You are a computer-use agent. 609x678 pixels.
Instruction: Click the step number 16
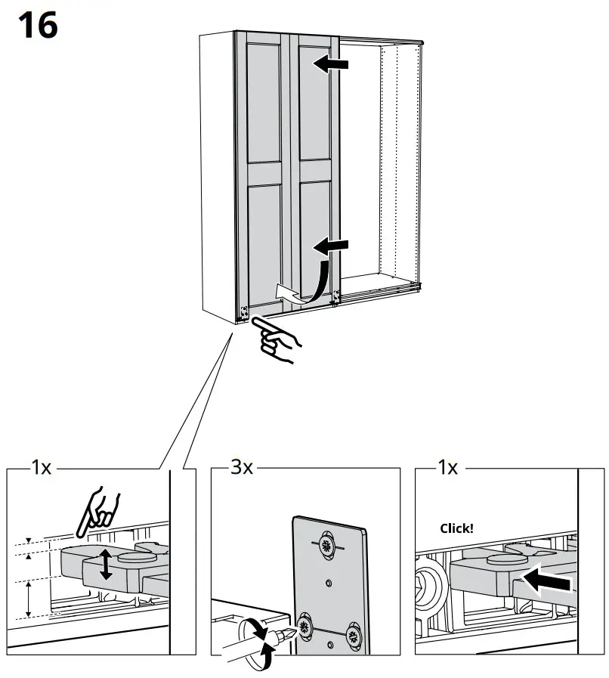pyautogui.click(x=36, y=26)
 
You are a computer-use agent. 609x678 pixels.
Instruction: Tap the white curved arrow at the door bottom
pyautogui.click(x=291, y=293)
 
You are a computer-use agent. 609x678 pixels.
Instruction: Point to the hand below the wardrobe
pyautogui.click(x=276, y=340)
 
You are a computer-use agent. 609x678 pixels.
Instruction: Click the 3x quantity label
pyautogui.click(x=241, y=468)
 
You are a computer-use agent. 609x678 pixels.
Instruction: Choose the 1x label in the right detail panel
pyautogui.click(x=447, y=468)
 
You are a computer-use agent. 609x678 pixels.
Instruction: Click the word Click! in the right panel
pyautogui.click(x=456, y=528)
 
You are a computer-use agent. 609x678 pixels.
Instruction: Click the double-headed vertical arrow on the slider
pyautogui.click(x=105, y=565)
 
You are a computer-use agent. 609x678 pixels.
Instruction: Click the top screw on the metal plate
pyautogui.click(x=327, y=545)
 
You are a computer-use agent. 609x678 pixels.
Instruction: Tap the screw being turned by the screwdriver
pyautogui.click(x=305, y=625)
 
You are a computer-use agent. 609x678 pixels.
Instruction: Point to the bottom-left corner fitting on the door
pyautogui.click(x=244, y=311)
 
